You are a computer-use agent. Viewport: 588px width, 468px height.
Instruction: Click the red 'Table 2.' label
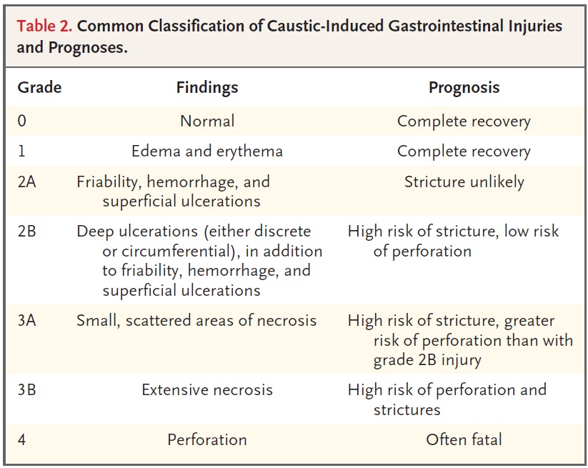point(44,26)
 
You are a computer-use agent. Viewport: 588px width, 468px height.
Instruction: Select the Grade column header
point(39,87)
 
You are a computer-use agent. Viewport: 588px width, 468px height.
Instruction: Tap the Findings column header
point(207,87)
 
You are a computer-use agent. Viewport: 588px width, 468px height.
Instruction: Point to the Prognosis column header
point(464,87)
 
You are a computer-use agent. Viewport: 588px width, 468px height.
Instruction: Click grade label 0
point(21,121)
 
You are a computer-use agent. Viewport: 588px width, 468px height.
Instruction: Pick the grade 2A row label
point(26,181)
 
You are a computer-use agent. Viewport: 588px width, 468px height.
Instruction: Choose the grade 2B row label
point(26,231)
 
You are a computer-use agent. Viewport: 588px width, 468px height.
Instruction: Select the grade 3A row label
point(26,321)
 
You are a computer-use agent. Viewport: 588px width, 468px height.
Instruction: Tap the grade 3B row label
point(26,389)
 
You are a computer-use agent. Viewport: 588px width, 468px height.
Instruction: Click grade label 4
point(21,439)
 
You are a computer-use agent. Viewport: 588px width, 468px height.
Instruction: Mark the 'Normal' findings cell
point(207,121)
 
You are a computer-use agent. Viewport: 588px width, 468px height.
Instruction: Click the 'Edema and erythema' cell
point(207,151)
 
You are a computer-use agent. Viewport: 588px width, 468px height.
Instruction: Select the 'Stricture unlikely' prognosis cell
point(464,182)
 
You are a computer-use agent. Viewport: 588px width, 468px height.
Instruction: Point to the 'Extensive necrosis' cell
point(207,389)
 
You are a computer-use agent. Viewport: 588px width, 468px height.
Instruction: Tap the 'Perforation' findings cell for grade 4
point(207,439)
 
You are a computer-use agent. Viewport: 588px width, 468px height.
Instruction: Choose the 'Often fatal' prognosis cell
point(464,439)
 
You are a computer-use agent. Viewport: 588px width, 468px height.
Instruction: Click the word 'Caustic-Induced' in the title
point(325,26)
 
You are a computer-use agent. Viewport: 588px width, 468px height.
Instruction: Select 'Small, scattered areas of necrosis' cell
point(196,321)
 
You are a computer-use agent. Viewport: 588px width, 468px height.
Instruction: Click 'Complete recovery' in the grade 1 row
point(464,151)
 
